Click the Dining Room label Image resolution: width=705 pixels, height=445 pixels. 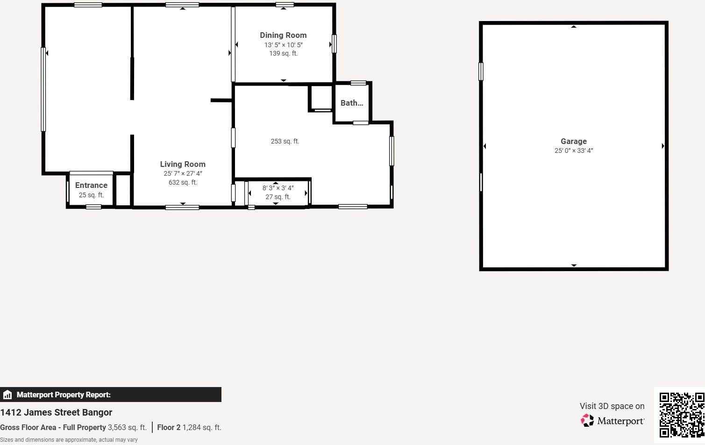pos(283,35)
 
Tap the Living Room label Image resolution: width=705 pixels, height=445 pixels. pos(183,164)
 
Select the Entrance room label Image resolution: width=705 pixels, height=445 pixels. pos(91,185)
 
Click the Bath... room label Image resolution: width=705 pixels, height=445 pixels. pos(352,103)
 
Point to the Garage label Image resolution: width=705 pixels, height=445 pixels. pos(574,141)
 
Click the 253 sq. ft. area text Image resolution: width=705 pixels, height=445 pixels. pos(285,141)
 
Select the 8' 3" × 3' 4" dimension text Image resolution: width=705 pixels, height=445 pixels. pos(278,188)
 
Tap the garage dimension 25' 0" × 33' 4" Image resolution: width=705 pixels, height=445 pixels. pos(574,151)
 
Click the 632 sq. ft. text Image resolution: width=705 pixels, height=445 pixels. pos(183,182)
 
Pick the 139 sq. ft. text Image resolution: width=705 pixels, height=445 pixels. pos(283,53)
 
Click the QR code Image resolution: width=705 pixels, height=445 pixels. pos(682,415)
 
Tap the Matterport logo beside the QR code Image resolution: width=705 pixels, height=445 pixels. pos(612,421)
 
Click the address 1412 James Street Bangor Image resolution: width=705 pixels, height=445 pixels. pos(56,412)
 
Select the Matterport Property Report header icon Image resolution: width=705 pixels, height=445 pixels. pos(7,395)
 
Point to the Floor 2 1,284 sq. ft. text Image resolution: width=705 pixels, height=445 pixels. pos(189,427)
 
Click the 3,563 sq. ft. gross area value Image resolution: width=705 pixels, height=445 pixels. pos(127,427)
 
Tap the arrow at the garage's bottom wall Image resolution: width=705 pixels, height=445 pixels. pos(574,266)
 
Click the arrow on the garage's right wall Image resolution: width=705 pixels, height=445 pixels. pos(662,146)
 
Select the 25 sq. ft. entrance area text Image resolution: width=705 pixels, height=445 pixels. pos(91,195)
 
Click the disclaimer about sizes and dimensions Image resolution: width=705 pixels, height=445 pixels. pos(69,440)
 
